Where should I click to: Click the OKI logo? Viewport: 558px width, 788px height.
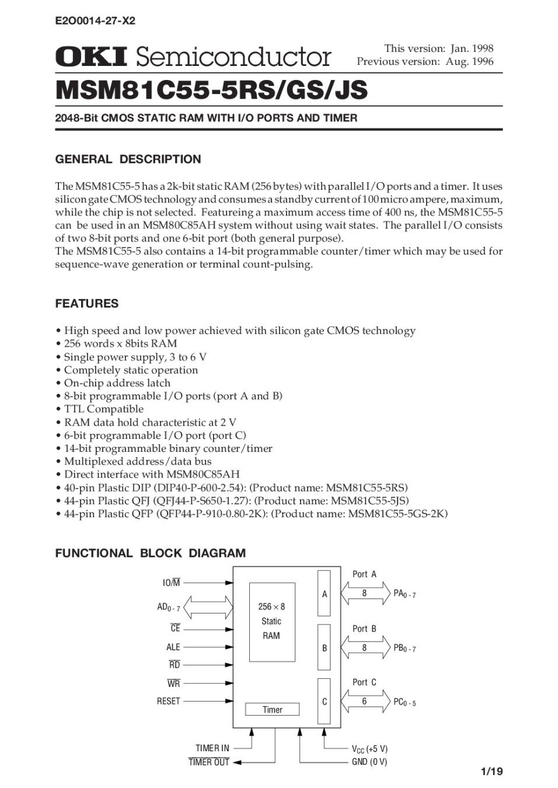click(91, 57)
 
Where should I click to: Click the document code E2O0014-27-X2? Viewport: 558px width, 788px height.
click(95, 21)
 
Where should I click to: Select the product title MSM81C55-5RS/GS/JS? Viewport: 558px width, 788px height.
click(211, 90)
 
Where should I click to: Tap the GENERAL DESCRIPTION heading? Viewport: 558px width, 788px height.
click(128, 159)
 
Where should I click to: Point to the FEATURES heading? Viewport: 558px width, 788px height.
click(86, 304)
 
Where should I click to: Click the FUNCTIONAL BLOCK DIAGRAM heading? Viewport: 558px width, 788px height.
click(150, 553)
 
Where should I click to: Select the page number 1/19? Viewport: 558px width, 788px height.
click(491, 772)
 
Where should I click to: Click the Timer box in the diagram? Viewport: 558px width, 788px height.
click(272, 710)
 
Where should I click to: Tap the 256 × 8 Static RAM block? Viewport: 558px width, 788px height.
click(271, 622)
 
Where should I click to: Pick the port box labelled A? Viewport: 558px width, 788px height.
click(324, 594)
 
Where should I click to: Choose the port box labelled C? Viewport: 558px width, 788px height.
click(324, 702)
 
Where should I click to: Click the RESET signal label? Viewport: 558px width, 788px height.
click(168, 701)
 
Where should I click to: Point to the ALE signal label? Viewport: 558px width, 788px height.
click(173, 647)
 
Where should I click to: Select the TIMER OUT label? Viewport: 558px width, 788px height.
click(209, 762)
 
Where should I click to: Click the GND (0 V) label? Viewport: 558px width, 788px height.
click(369, 762)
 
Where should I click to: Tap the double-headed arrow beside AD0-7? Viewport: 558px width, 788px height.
click(207, 608)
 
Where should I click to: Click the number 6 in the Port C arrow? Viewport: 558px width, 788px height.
click(364, 701)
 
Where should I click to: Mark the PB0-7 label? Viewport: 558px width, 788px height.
click(404, 648)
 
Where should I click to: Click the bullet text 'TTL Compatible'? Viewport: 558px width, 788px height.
click(103, 409)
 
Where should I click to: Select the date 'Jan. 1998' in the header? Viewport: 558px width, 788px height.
click(472, 48)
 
